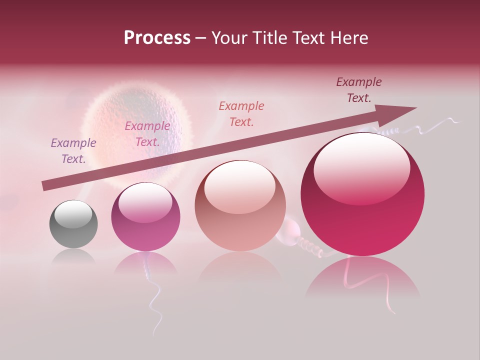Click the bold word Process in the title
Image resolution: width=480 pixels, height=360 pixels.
coord(157,38)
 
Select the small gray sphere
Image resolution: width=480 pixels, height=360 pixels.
coord(73,224)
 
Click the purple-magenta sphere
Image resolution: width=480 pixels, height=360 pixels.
coord(145,217)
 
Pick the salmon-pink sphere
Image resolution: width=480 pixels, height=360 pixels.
coord(240,206)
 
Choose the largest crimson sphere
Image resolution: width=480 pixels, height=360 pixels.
coord(362,195)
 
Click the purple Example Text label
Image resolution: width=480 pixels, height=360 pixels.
coord(73,151)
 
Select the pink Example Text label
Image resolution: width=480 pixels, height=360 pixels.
coord(147,134)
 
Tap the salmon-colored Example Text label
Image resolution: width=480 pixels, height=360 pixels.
coord(241,113)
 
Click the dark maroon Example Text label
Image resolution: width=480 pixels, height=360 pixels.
coord(359,90)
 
